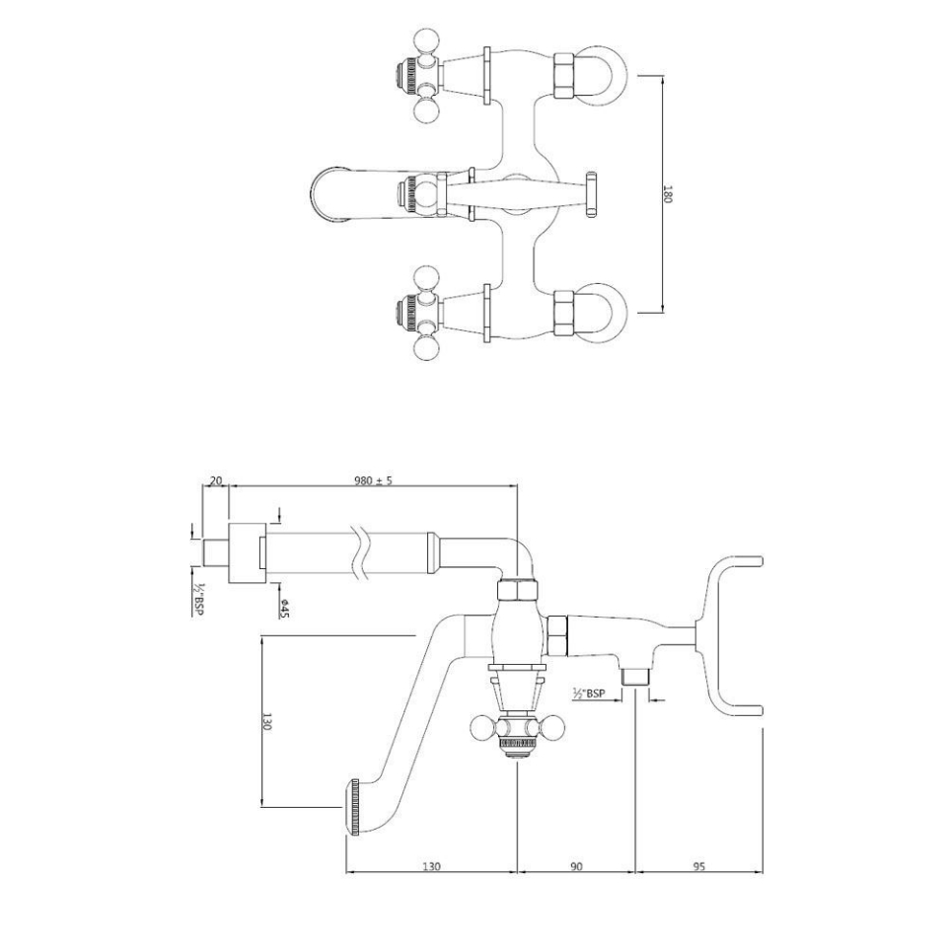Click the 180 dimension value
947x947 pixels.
(x=668, y=194)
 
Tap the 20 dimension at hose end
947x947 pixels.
(x=217, y=480)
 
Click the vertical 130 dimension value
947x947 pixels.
(x=266, y=721)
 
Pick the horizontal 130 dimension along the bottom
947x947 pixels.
(x=431, y=866)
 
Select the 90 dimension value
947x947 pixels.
(x=577, y=866)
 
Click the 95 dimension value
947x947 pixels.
(x=698, y=866)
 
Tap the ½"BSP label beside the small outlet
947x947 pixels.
(x=589, y=693)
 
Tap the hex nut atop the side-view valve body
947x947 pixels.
(x=517, y=591)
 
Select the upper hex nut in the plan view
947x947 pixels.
(x=564, y=78)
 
